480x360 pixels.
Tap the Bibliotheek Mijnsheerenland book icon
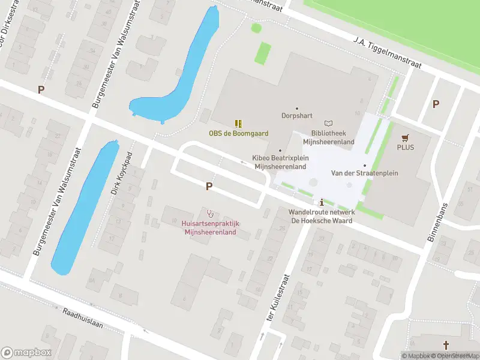[328, 124]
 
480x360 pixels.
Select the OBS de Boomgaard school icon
[238, 124]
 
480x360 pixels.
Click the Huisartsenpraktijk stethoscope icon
[210, 213]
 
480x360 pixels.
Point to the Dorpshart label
[296, 115]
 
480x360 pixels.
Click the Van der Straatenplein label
[365, 173]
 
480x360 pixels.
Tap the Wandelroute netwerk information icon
[322, 202]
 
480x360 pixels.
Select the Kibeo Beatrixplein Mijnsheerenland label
[281, 162]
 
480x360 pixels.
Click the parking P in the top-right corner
[436, 104]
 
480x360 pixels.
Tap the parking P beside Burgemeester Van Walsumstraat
[41, 90]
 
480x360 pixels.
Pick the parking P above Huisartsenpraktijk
[209, 187]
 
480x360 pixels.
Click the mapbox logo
[26, 353]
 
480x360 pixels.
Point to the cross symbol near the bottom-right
[446, 345]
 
